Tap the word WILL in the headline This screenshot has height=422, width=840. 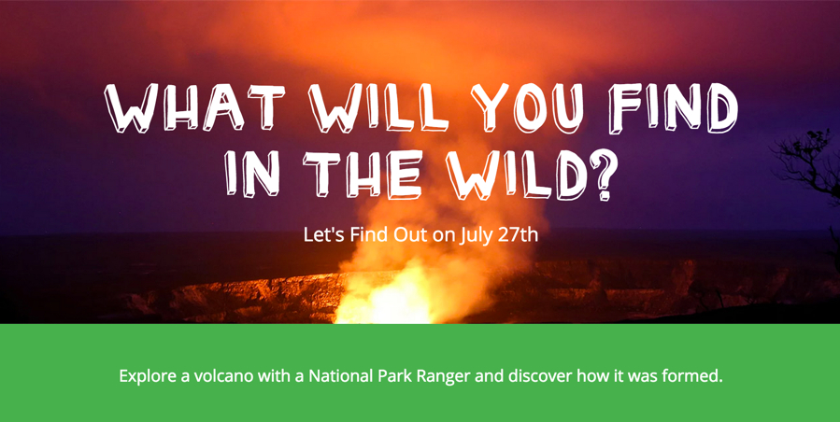[x=378, y=107]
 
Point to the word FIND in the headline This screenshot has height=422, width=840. [x=673, y=107]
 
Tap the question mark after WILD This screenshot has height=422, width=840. [x=604, y=175]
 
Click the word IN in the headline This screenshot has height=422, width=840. [x=251, y=174]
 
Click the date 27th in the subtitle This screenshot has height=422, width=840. [x=518, y=234]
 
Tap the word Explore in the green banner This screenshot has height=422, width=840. [x=148, y=376]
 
